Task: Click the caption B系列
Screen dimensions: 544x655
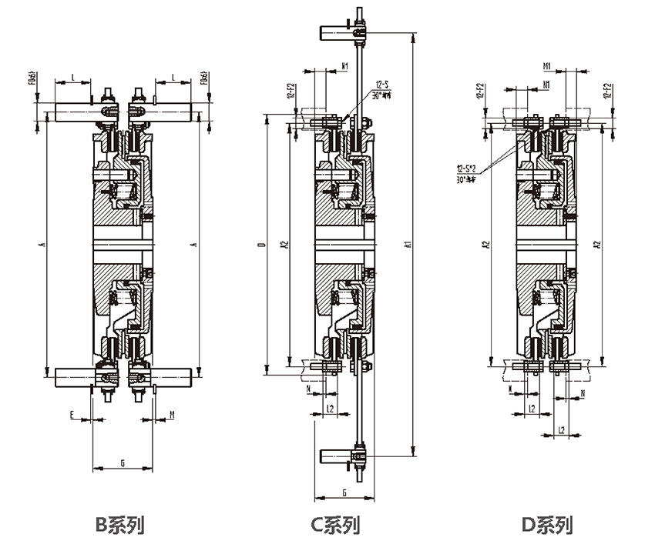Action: click(119, 525)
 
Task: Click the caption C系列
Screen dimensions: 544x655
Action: click(335, 525)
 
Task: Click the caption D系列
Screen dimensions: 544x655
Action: click(546, 525)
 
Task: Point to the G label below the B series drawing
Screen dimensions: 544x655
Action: click(123, 462)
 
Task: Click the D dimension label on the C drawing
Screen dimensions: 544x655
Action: click(262, 245)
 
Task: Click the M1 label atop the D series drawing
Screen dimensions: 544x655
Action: click(546, 65)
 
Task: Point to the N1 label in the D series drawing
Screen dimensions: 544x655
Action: click(546, 83)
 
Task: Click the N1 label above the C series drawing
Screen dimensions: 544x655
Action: click(344, 66)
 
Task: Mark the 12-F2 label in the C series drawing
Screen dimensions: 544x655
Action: click(291, 92)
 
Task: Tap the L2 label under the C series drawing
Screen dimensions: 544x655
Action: click(329, 407)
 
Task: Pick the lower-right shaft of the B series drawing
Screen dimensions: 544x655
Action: click(171, 376)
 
